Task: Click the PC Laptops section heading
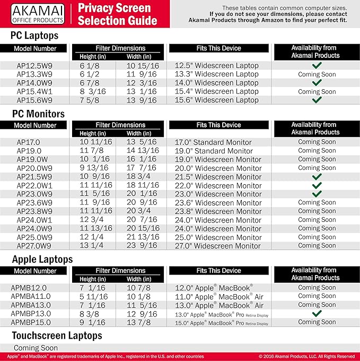(x=42, y=36)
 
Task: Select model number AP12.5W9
(x=34, y=66)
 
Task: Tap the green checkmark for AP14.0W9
(x=317, y=83)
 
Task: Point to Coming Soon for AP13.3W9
(x=317, y=74)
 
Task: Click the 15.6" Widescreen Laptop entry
(x=217, y=100)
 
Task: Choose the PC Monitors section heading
(x=46, y=114)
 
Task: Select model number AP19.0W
(x=34, y=159)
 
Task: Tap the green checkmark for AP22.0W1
(x=317, y=185)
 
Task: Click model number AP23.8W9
(x=34, y=211)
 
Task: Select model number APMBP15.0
(x=34, y=322)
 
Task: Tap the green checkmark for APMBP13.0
(x=317, y=313)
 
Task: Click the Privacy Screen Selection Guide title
(x=117, y=14)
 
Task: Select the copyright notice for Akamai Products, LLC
(x=306, y=356)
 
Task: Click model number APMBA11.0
(x=34, y=296)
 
